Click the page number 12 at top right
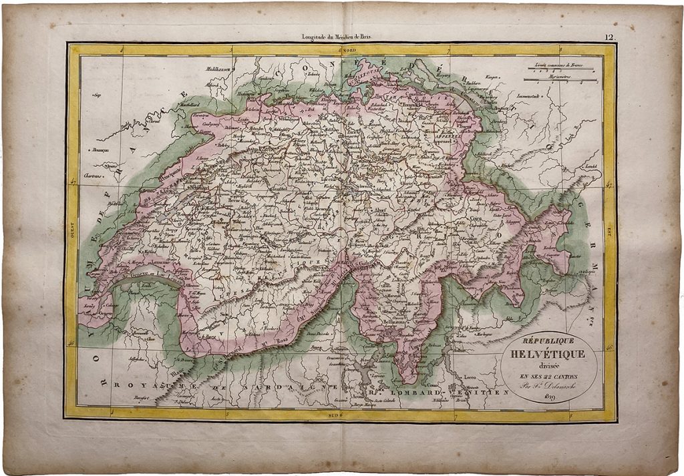(609, 39)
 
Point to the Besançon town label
(101, 152)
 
